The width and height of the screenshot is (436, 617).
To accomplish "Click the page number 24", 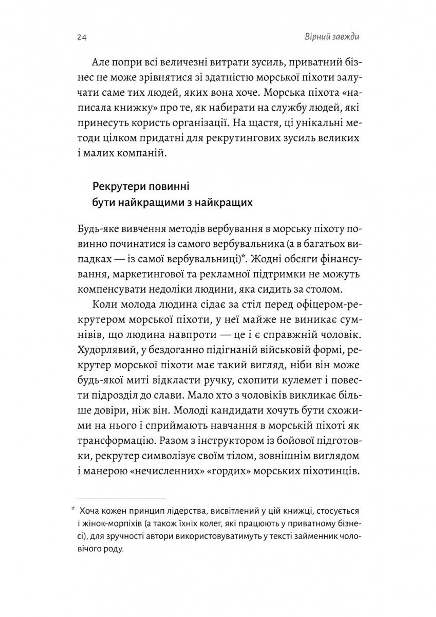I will (82, 38).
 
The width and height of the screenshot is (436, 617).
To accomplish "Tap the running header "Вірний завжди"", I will (332, 37).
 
